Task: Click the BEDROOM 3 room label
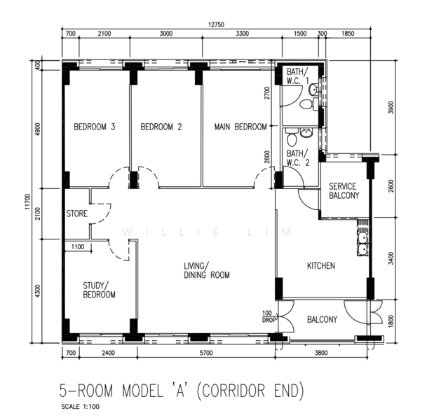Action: (95, 127)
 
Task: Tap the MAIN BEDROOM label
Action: (240, 127)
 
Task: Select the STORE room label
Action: (77, 213)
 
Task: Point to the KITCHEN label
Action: (321, 265)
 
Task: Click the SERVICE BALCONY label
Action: (344, 191)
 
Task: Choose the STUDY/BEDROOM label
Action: (99, 290)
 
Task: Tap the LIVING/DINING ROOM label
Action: (207, 270)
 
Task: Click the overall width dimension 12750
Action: (216, 24)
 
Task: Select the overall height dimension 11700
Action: (27, 202)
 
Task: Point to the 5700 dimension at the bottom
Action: (206, 353)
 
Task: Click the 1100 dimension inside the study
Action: (78, 247)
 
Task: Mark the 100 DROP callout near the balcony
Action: (268, 317)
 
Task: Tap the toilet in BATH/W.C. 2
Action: (292, 138)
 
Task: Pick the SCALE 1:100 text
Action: (81, 407)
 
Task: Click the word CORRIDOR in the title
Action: (233, 391)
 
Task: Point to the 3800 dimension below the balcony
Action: (321, 353)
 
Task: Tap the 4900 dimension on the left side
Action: (38, 129)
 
